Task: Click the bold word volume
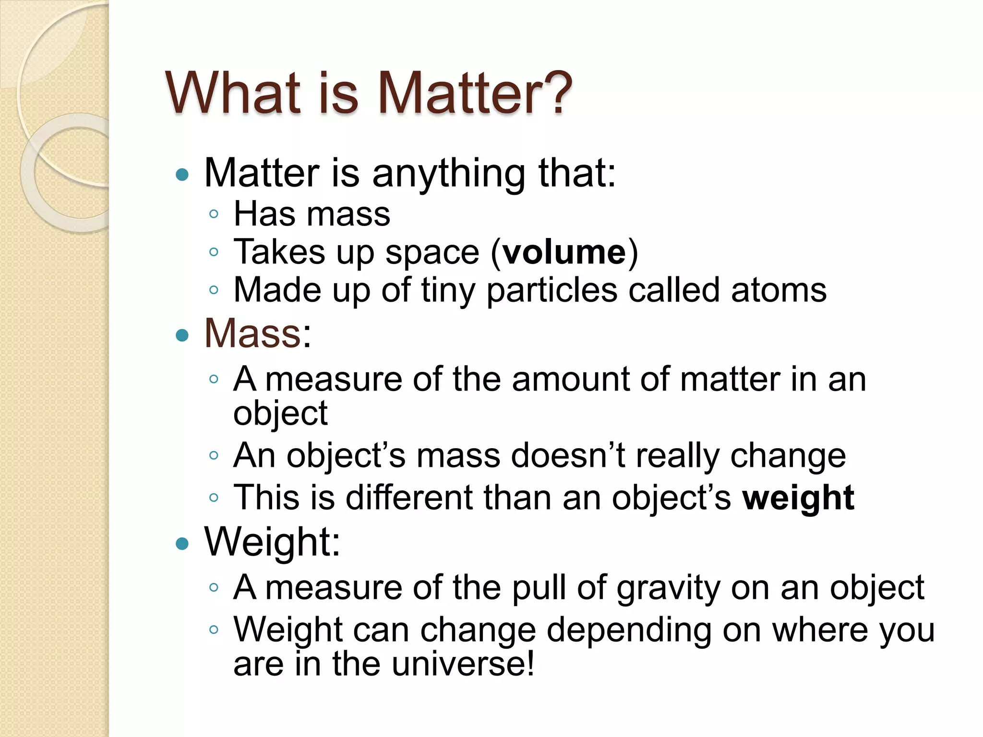564,252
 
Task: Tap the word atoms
779,290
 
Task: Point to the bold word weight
798,498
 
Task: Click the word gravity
668,588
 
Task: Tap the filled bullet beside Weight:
182,544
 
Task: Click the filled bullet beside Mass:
182,335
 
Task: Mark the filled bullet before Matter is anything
182,175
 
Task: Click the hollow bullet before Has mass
214,214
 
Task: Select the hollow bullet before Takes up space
214,252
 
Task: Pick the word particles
552,291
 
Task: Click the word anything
449,174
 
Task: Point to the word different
409,498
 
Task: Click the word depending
629,630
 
